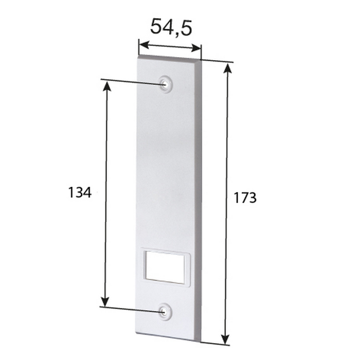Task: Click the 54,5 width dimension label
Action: pyautogui.click(x=171, y=27)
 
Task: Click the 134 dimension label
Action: pyautogui.click(x=80, y=192)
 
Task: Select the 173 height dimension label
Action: pyautogui.click(x=245, y=198)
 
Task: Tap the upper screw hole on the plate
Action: pyautogui.click(x=165, y=84)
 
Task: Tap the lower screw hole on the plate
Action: pyautogui.click(x=165, y=312)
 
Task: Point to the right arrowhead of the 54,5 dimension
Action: pyautogui.click(x=195, y=48)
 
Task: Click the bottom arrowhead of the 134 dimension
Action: pyautogui.click(x=105, y=301)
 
